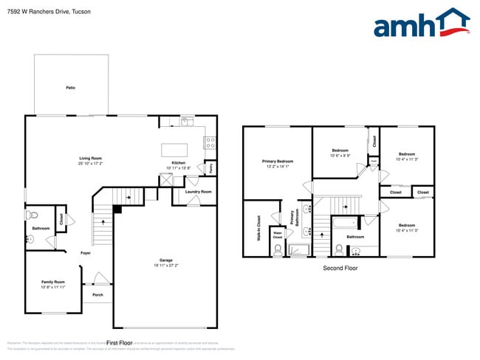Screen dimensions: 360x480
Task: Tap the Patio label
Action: pyautogui.click(x=70, y=88)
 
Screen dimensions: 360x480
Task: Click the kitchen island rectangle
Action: pyautogui.click(x=174, y=150)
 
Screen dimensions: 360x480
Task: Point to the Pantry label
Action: pyautogui.click(x=210, y=168)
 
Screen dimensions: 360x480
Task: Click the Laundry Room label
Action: pyautogui.click(x=198, y=192)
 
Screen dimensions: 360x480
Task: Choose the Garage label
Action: pyautogui.click(x=166, y=260)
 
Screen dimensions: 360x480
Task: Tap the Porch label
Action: pyautogui.click(x=97, y=295)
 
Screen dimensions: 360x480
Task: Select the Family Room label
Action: pyautogui.click(x=52, y=282)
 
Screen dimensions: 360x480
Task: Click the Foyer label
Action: pyautogui.click(x=86, y=253)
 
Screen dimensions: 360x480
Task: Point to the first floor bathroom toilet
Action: pyautogui.click(x=31, y=216)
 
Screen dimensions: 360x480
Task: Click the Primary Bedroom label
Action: pyautogui.click(x=278, y=161)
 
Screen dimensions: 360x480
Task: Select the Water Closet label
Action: pyautogui.click(x=278, y=235)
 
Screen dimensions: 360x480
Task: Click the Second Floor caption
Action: pyautogui.click(x=340, y=268)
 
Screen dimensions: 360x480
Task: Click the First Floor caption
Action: pyautogui.click(x=119, y=343)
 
